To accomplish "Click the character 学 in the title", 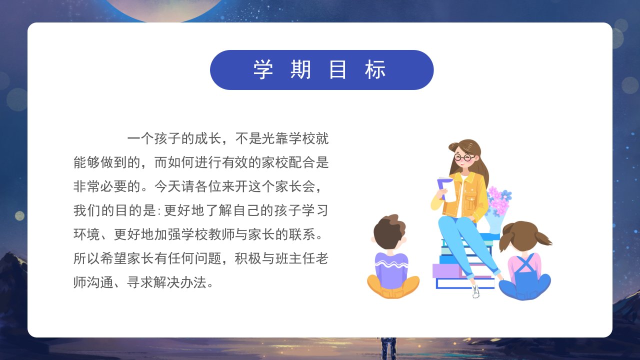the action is (x=263, y=69).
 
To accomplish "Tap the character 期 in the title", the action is (x=300, y=69).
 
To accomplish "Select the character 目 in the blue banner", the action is (x=337, y=69).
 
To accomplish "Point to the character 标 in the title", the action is (x=375, y=69).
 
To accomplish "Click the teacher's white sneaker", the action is (x=475, y=291).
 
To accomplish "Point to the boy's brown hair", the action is (x=388, y=230).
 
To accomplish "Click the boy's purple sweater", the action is (x=391, y=270).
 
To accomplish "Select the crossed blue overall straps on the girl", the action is (x=525, y=263).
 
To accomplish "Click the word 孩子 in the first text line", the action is (x=167, y=139).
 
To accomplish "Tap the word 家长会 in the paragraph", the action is (x=295, y=187).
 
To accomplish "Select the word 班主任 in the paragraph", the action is (x=295, y=259).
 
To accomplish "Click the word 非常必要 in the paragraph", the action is (x=100, y=187).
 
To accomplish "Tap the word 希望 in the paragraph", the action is (x=113, y=259).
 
